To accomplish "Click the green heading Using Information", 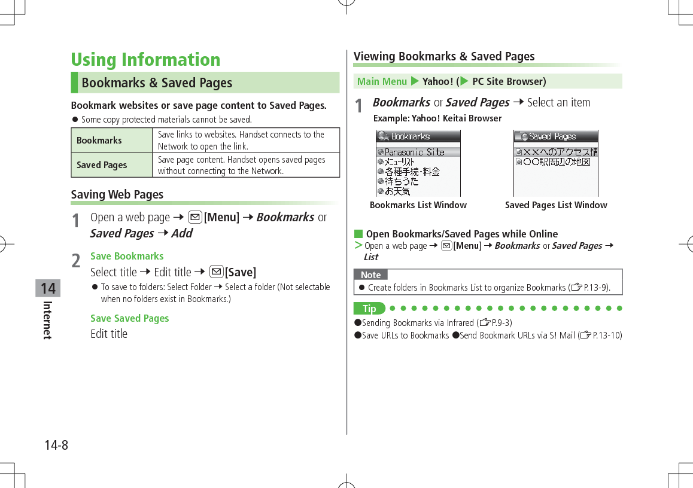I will [x=145, y=60].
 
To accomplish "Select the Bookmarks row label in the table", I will [x=99, y=141].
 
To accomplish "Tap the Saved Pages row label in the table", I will [x=102, y=165].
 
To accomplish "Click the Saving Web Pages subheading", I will [x=117, y=194].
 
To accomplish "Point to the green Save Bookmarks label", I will [x=127, y=256].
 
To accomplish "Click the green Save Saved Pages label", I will [x=129, y=318].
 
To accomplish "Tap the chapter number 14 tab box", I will [x=47, y=288].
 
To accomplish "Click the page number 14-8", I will [x=56, y=446].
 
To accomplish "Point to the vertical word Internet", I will [x=47, y=320].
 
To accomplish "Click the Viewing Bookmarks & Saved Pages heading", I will [x=444, y=56].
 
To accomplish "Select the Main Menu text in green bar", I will [x=382, y=81].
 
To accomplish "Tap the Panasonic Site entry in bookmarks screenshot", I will [x=414, y=152].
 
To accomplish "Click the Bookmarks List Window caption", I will [x=418, y=205].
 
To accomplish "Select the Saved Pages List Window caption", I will [x=556, y=205].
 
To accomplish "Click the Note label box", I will [x=370, y=275].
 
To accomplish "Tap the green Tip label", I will [x=369, y=309].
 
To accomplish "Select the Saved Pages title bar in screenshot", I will [x=555, y=136].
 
